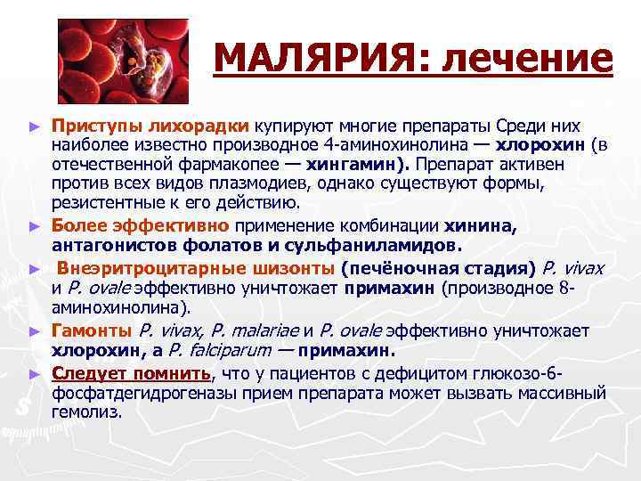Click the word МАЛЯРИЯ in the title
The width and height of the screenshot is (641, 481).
coord(312,61)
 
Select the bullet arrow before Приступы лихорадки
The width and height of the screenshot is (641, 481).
coord(36,127)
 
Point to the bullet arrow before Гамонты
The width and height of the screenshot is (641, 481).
coord(36,330)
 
